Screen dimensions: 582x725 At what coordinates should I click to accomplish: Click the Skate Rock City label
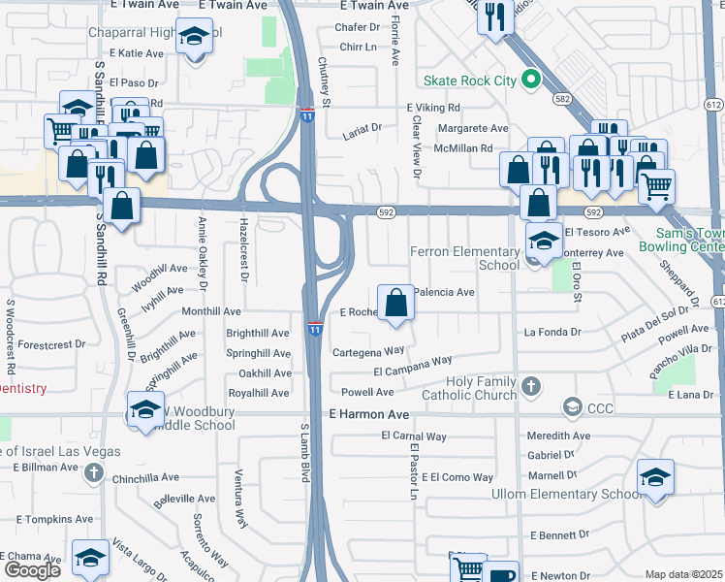coord(470,81)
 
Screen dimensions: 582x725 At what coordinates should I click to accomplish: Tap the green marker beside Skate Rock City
coord(530,80)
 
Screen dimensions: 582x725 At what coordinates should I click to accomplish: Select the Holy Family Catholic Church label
coord(469,388)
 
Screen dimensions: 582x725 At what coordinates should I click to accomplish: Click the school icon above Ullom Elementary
coord(655,477)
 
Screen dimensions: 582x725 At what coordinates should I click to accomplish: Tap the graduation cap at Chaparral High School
coord(195,37)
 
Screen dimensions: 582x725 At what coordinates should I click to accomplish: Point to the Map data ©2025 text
coord(684,575)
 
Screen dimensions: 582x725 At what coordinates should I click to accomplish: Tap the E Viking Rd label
coord(433,108)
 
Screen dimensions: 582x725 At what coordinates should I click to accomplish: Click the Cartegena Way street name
coord(368,351)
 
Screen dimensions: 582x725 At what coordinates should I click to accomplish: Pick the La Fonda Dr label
coord(552,332)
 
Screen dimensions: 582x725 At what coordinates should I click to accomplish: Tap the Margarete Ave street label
coord(472,128)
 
